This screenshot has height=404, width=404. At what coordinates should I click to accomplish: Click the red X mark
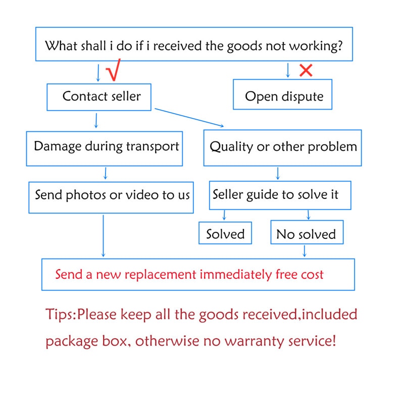point(306,70)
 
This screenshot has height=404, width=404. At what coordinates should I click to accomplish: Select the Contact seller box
point(99,97)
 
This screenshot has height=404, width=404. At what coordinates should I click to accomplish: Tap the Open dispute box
point(282,94)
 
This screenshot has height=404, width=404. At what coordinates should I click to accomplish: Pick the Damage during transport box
point(105,148)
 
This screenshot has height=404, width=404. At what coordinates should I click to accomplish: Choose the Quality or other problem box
point(282,148)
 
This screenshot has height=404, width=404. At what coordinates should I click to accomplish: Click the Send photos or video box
point(111,197)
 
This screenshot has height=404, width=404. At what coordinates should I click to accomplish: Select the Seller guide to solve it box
point(280,195)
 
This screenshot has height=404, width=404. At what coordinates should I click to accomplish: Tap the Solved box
point(225,233)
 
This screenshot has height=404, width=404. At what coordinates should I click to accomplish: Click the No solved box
point(307,232)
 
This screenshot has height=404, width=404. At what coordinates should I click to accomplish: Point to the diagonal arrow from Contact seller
point(189,118)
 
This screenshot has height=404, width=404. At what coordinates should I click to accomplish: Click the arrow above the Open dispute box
point(288,70)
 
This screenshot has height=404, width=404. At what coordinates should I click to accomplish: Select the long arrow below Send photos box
point(104,236)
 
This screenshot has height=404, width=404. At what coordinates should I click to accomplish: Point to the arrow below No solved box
point(305,251)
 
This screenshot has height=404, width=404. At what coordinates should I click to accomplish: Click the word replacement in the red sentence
point(160,275)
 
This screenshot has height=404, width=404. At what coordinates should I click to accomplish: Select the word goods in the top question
point(245,46)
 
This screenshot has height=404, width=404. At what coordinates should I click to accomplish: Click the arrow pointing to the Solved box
point(224,215)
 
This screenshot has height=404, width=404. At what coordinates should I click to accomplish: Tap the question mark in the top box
point(340,45)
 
